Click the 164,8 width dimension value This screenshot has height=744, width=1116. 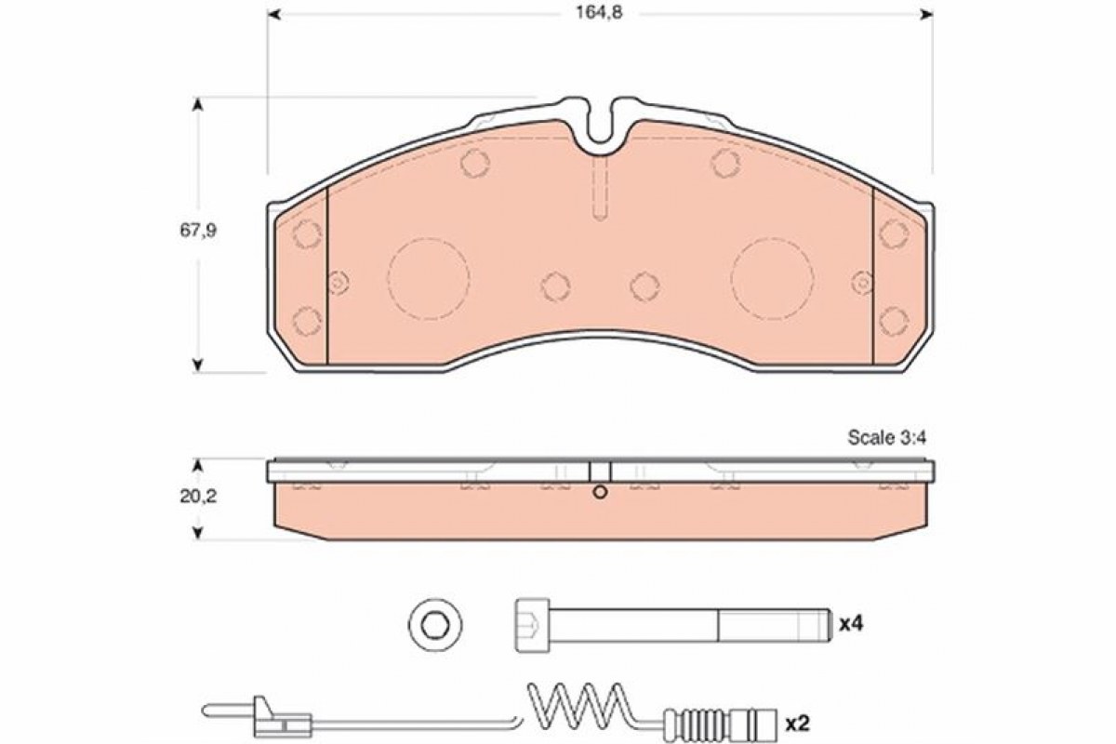tap(599, 13)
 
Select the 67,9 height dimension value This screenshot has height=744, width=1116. tap(198, 231)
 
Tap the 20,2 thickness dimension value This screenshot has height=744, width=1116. tap(198, 497)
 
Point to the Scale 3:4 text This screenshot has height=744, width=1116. tap(887, 437)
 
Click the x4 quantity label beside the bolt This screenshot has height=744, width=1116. tap(851, 624)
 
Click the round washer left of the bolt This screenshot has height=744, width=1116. tap(435, 624)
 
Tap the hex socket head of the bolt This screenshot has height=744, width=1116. tap(532, 624)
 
